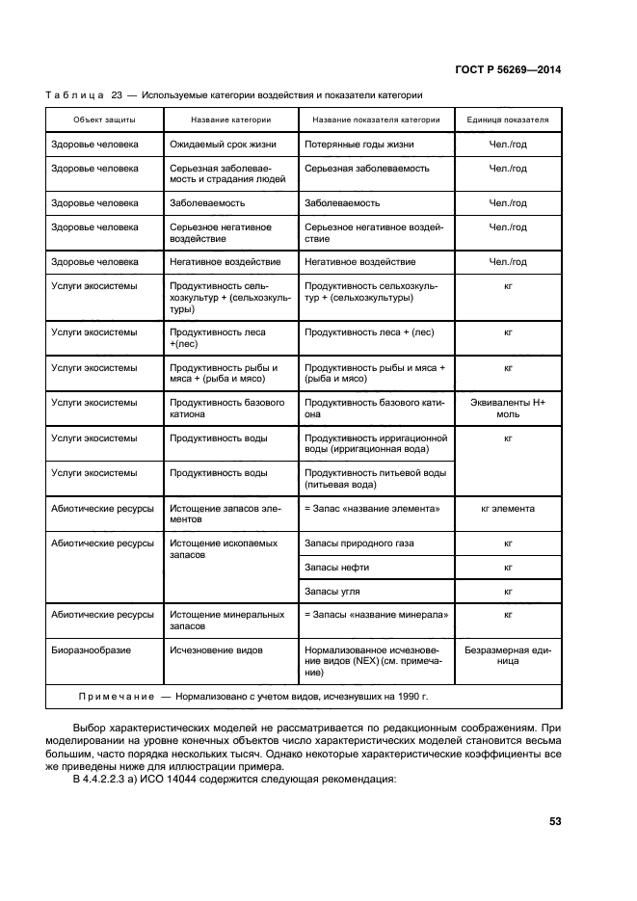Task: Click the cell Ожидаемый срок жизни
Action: [224, 145]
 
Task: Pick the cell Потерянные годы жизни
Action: [359, 145]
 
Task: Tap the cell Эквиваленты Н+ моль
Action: [508, 408]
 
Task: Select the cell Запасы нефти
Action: [337, 568]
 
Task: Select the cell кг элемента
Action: [508, 509]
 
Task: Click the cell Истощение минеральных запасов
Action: [227, 620]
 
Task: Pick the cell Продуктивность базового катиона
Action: [227, 408]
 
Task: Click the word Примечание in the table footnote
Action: [115, 696]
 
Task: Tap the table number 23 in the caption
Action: [118, 94]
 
